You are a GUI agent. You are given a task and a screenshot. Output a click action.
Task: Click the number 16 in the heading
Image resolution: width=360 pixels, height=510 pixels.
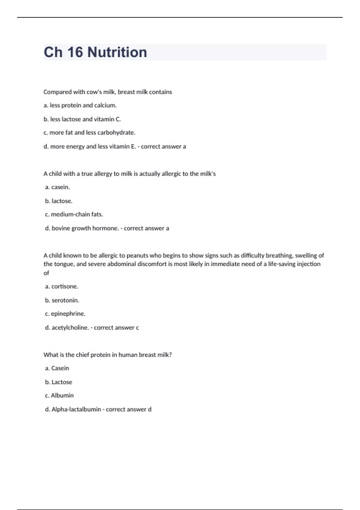click(75, 52)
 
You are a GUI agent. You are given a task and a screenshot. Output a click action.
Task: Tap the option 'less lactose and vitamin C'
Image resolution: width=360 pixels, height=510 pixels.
click(82, 119)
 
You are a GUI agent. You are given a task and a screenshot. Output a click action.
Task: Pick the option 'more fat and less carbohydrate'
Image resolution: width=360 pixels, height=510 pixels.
click(89, 133)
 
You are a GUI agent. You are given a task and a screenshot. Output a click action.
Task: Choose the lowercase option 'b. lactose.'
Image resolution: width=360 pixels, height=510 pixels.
click(59, 201)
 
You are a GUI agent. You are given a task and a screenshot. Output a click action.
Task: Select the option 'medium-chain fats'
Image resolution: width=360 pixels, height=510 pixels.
click(74, 214)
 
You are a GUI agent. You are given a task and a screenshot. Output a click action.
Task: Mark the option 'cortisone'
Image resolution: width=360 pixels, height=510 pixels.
click(62, 286)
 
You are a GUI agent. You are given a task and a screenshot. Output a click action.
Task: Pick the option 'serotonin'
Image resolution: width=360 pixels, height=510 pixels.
click(62, 300)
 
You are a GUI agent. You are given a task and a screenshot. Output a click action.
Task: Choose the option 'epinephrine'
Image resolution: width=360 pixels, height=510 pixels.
click(65, 314)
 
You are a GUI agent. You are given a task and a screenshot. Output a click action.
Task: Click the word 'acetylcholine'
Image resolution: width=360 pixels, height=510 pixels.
click(70, 328)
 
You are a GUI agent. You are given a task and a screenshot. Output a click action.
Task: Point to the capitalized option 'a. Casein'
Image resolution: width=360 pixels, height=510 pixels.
click(57, 368)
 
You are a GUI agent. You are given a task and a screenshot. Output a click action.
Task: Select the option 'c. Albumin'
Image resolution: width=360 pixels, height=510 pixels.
click(59, 395)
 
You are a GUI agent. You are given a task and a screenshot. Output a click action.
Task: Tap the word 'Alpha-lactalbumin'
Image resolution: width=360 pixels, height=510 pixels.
click(76, 409)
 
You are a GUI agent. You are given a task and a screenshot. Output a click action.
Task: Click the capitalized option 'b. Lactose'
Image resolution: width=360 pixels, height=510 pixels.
click(59, 382)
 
